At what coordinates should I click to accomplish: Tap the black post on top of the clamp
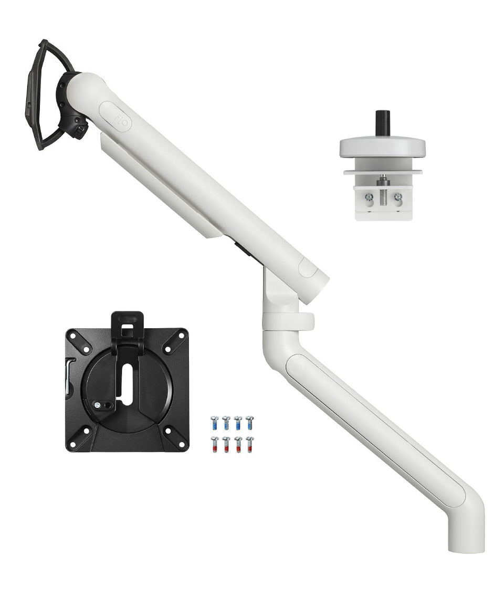[382, 123]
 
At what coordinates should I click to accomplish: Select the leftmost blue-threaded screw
[215, 422]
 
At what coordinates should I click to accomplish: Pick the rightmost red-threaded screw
[249, 444]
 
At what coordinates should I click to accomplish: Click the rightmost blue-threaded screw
[249, 422]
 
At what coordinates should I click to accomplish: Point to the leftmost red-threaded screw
[215, 444]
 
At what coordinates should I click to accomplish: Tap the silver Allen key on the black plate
[69, 375]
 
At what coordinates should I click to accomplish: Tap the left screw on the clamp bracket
[369, 197]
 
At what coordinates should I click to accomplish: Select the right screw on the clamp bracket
[397, 197]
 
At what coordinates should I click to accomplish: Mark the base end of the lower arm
[466, 536]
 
